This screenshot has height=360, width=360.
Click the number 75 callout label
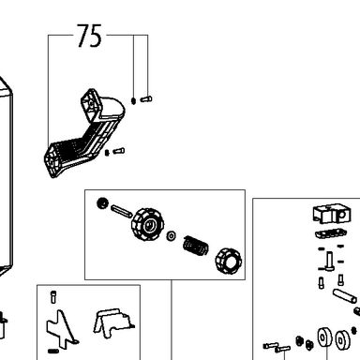tap(89, 36)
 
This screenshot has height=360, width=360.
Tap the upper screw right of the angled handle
tap(146, 99)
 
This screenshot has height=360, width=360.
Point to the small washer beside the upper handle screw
tap(133, 100)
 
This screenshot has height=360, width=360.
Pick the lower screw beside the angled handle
tap(119, 151)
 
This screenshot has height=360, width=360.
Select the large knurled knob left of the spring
tap(147, 224)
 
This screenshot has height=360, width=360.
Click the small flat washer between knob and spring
tap(172, 235)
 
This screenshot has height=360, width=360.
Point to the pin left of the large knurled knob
tap(121, 211)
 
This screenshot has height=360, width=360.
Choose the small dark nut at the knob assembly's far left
tap(102, 203)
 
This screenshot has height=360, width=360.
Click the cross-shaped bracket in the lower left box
tap(62, 329)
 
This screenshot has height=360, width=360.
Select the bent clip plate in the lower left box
tap(113, 322)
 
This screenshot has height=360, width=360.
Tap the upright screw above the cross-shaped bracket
tap(53, 297)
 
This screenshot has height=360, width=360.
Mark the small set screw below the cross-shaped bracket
tap(53, 352)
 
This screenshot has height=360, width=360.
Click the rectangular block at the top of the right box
tap(332, 214)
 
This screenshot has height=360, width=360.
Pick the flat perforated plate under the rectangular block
tap(331, 233)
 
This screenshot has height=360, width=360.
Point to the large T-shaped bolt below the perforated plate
tap(329, 262)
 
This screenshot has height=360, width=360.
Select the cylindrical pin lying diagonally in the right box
tap(344, 296)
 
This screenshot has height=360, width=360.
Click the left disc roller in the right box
tap(324, 337)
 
